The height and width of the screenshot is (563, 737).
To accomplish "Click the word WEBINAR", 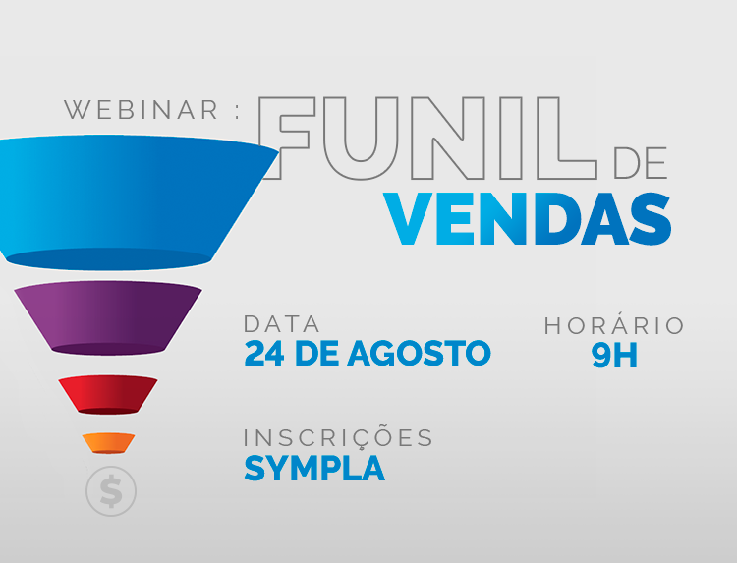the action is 142,110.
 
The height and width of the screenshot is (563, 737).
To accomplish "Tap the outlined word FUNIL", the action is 427,139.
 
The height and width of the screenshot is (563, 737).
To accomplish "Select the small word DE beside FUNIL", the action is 640,163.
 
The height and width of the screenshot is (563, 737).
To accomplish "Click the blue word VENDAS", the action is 528,219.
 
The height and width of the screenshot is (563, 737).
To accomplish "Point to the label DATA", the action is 282,324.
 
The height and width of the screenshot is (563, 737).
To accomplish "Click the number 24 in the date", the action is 264,354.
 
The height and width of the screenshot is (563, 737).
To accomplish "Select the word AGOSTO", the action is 420,354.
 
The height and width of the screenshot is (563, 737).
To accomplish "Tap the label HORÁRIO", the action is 614,325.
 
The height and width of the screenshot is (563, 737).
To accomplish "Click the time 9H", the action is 614,356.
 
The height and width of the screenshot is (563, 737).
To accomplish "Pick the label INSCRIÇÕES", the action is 338,437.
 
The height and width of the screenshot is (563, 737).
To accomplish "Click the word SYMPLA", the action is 314,468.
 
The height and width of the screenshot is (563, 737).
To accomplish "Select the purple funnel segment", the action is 108,318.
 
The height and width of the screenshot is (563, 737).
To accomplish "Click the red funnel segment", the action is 108,395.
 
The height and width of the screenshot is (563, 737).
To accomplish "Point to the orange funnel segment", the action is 108,443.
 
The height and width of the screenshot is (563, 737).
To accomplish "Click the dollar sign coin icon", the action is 111,491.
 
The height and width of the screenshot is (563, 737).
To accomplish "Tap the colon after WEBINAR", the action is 237,111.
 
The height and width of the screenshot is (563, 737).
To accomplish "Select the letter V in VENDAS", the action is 409,219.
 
